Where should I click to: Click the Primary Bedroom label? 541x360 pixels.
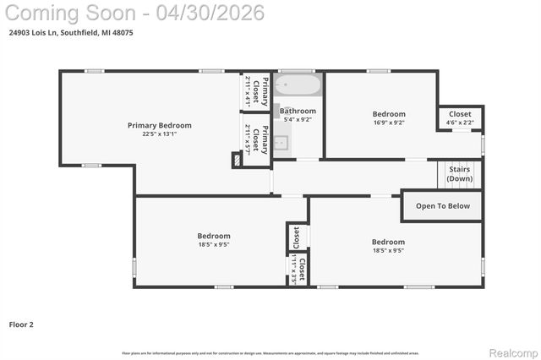[159, 125]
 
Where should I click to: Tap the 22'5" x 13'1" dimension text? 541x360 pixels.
[159, 134]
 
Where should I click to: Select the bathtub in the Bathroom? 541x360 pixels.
[298, 86]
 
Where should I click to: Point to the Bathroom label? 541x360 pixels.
[298, 111]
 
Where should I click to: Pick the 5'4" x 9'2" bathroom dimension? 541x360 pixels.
[298, 119]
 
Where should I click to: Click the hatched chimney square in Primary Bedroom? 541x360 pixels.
[237, 159]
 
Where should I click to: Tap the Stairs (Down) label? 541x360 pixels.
[460, 174]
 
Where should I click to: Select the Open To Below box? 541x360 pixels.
[442, 205]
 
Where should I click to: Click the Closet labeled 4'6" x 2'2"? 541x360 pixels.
[460, 117]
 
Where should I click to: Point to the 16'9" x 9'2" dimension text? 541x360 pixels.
[389, 123]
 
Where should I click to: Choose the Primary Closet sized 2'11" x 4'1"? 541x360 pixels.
[256, 90]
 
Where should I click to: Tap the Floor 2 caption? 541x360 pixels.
[21, 324]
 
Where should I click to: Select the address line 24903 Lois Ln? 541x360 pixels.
[70, 32]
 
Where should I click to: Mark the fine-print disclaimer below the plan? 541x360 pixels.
[270, 352]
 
